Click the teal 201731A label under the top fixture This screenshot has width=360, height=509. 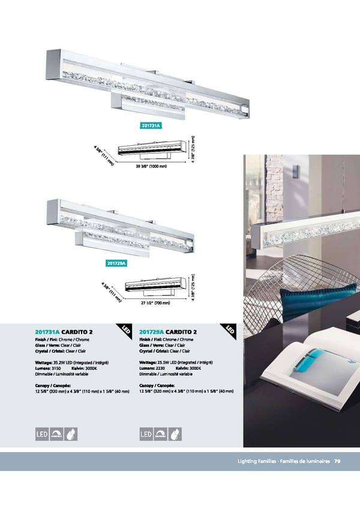(x=151, y=125)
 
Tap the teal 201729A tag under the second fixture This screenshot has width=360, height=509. (x=116, y=264)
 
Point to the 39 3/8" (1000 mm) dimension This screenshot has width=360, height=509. (x=151, y=166)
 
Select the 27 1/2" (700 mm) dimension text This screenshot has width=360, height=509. (x=155, y=303)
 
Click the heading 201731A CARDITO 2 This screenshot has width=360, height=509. (x=64, y=332)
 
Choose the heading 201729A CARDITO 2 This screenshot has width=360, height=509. (x=168, y=332)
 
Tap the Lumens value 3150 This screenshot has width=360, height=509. (x=56, y=369)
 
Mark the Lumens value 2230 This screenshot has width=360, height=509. (x=160, y=369)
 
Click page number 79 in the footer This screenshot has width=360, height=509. (x=337, y=461)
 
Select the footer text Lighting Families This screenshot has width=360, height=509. (x=257, y=461)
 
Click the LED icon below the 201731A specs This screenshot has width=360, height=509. (x=42, y=434)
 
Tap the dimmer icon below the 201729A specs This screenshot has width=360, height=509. (x=161, y=434)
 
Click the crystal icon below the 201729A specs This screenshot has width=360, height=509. (x=175, y=434)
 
